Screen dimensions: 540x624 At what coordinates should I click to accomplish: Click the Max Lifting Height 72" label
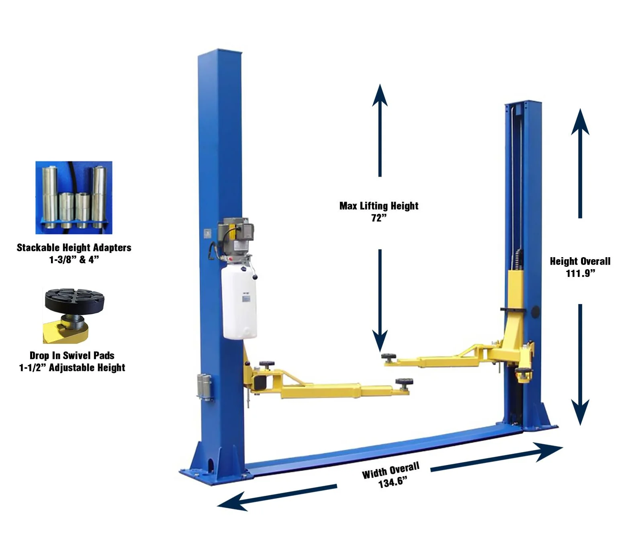click(x=378, y=211)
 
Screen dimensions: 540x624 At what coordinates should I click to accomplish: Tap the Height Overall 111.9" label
click(x=580, y=267)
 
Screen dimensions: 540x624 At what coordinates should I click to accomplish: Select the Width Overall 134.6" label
click(x=391, y=475)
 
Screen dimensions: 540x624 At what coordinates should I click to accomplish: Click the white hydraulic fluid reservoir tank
click(x=239, y=303)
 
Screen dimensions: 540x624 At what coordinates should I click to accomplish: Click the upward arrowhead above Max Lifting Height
click(x=380, y=95)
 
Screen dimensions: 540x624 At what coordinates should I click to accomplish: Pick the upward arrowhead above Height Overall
click(x=580, y=122)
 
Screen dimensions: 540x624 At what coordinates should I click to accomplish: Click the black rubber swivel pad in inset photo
click(x=74, y=300)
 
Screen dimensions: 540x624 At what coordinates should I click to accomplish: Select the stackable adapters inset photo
click(x=74, y=197)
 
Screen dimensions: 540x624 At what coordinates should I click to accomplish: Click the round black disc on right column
click(x=535, y=312)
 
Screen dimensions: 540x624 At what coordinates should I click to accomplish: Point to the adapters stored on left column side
click(x=204, y=387)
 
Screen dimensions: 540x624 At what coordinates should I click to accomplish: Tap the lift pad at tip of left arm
click(x=404, y=382)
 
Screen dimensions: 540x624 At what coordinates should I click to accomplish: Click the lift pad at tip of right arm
click(x=389, y=357)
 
